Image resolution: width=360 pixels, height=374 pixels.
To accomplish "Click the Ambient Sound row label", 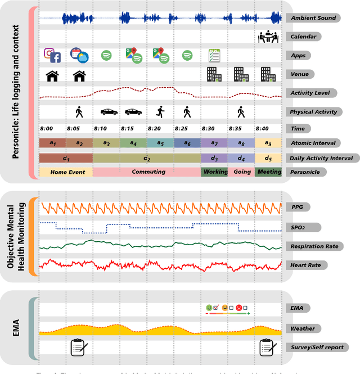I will (313, 18).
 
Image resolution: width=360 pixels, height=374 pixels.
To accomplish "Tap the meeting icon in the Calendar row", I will (268, 37).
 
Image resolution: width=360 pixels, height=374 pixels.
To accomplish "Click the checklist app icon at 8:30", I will (214, 55).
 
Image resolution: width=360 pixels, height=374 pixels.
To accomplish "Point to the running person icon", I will (160, 111).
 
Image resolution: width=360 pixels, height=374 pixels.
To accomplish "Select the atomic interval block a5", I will (160, 143).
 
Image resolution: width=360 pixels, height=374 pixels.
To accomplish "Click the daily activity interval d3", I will (214, 158).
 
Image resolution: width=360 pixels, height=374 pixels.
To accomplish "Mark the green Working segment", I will (214, 172).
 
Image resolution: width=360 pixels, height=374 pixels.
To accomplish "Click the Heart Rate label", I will (309, 265).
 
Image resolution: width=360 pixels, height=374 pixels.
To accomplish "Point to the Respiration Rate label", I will (316, 246).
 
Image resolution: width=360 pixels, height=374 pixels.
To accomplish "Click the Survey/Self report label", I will (317, 347).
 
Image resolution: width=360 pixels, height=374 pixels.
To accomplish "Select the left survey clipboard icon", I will (79, 347).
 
